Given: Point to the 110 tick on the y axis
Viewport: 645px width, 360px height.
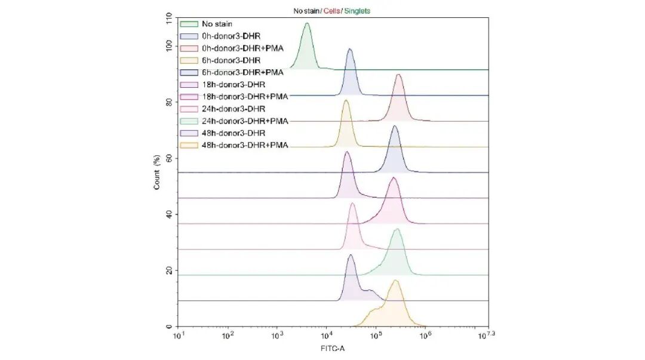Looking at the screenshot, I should [168, 21].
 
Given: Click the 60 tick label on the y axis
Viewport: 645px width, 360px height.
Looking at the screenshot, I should [168, 158].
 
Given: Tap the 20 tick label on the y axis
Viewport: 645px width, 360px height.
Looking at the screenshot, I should [168, 270].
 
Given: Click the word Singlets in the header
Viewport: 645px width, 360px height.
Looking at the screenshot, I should [358, 11].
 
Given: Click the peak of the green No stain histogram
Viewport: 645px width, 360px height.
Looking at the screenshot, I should [307, 23].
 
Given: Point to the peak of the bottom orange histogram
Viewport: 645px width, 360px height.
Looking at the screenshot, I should [394, 281].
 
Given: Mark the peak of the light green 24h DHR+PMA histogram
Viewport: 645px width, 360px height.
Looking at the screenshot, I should [396, 229].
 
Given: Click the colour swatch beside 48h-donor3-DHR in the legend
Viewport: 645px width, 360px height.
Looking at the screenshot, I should [189, 133].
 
